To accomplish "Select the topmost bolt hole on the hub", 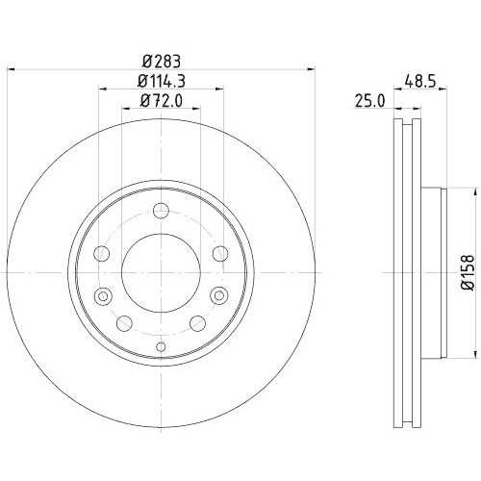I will point(161,213).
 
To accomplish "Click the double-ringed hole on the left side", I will point(105,294).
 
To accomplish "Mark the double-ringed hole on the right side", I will point(218,294).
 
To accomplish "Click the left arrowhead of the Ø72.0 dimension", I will point(124,110).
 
